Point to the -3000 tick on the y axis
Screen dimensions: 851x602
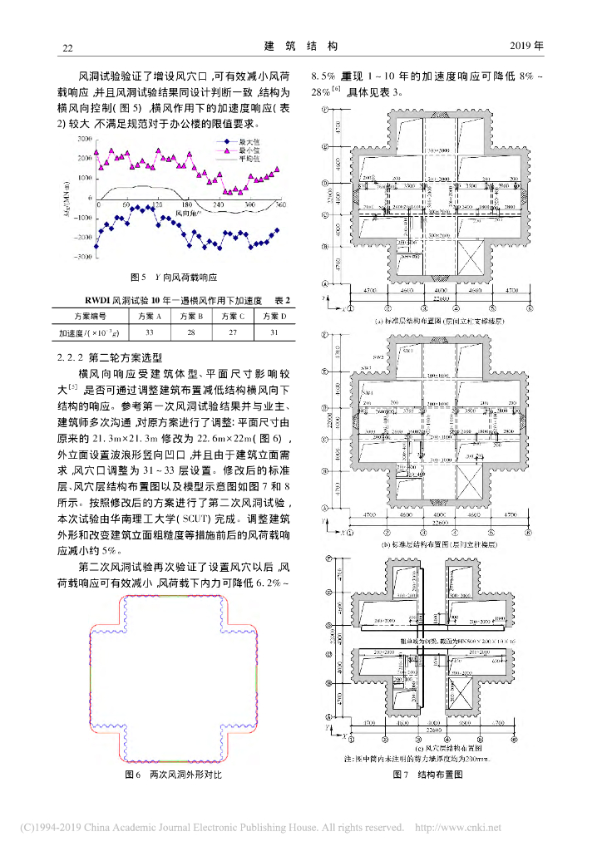click(x=82, y=258)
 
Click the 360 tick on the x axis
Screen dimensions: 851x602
click(x=280, y=204)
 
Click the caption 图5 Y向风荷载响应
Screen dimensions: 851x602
click(x=173, y=277)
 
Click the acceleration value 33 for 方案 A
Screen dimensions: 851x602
click(x=150, y=332)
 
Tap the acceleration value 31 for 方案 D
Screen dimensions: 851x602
click(x=271, y=332)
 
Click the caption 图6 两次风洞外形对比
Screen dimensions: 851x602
click(x=172, y=774)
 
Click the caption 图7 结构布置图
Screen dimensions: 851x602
click(x=422, y=774)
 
